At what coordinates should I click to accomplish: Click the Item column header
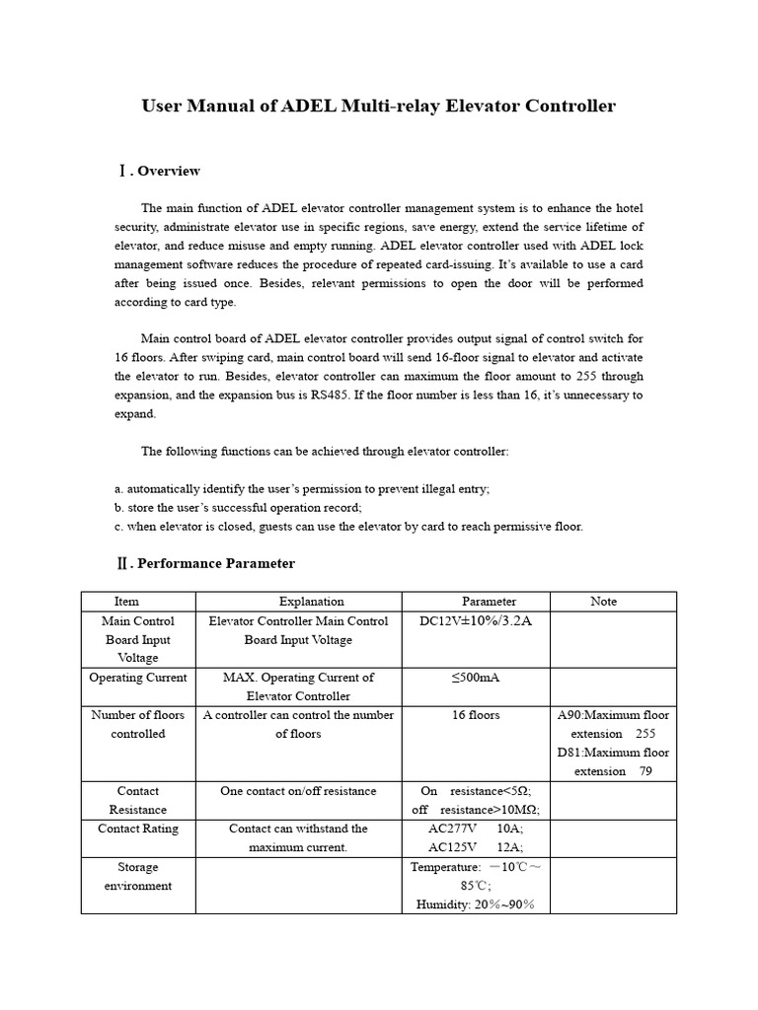pos(126,601)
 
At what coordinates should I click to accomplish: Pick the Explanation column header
pos(311,601)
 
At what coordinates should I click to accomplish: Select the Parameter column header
pos(489,601)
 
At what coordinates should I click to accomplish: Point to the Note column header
pos(603,601)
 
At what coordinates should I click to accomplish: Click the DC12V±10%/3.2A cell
pos(476,621)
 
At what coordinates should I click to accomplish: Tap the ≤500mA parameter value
pos(476,678)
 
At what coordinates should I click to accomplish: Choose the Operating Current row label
pos(137,678)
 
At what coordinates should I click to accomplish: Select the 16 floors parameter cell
pos(476,715)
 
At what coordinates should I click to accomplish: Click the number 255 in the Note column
pos(644,734)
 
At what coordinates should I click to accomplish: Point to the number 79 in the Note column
pos(645,771)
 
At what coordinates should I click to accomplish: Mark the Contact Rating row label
pos(138,829)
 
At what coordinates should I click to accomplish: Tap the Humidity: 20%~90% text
pos(475,903)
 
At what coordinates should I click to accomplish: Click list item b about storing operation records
pos(238,507)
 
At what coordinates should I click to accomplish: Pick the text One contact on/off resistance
pos(298,791)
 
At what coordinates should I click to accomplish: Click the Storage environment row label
pos(138,876)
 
